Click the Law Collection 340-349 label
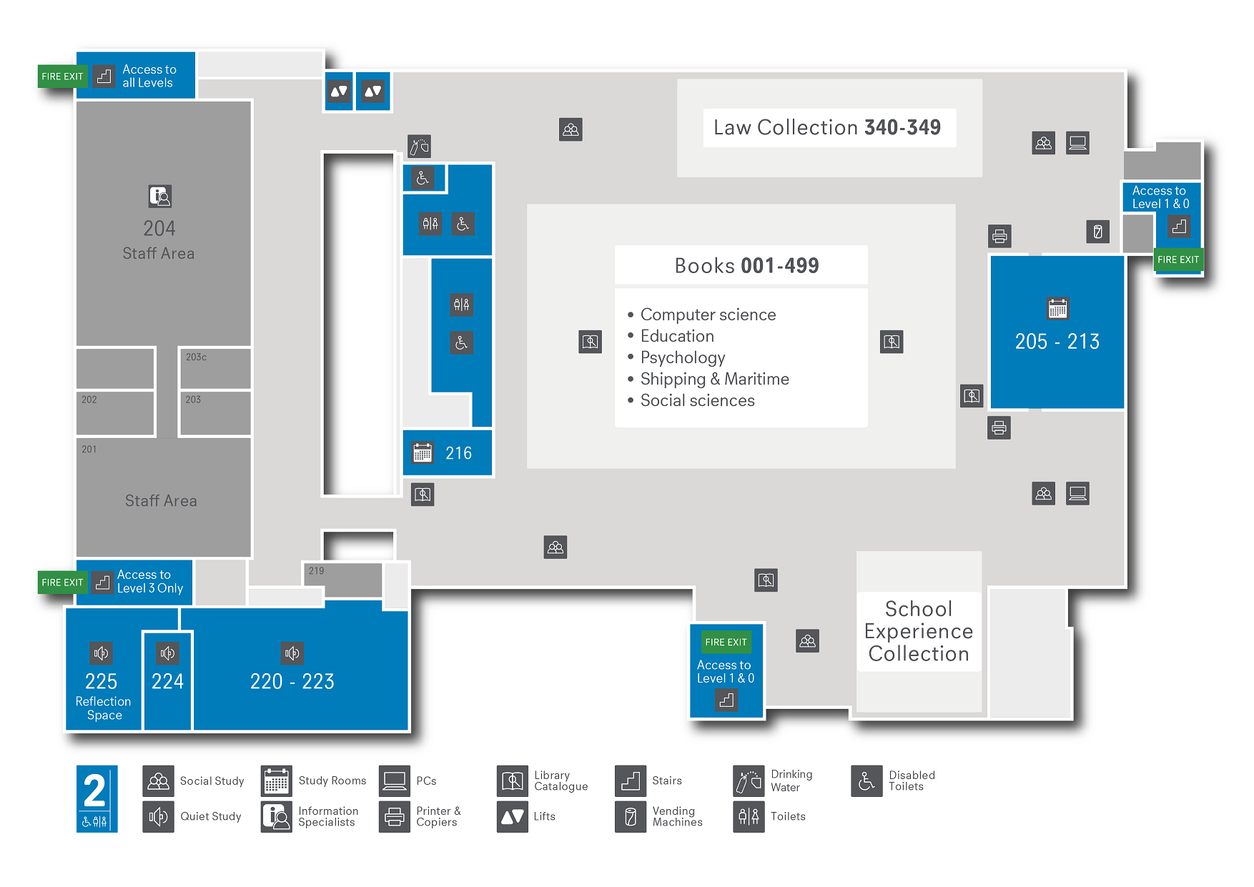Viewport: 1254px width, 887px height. pos(827,128)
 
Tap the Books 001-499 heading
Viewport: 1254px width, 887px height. pos(746,266)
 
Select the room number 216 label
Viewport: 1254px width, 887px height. pos(458,453)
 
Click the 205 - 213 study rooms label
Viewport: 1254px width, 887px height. pos(1057,342)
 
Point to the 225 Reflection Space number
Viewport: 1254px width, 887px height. pos(102,681)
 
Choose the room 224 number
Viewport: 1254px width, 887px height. pos(167,681)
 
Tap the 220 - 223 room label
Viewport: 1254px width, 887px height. pos(292,681)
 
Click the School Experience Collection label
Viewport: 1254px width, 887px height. pos(919,631)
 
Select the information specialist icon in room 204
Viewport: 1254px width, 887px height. pos(159,196)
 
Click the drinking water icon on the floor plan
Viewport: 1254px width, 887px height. pos(419,147)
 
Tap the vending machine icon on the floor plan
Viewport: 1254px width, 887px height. pos(1097,232)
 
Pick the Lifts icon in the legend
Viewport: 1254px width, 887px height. pos(512,816)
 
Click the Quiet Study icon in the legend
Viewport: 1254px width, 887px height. pos(158,816)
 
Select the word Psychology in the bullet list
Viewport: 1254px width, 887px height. pos(683,357)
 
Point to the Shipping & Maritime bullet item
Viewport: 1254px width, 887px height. pos(714,379)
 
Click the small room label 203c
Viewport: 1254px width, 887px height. pos(196,357)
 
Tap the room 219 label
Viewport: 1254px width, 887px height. pos(316,570)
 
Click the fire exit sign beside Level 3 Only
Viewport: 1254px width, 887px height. pos(62,583)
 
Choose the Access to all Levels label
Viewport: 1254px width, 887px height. pos(149,76)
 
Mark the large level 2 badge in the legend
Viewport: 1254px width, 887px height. pos(97,798)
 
